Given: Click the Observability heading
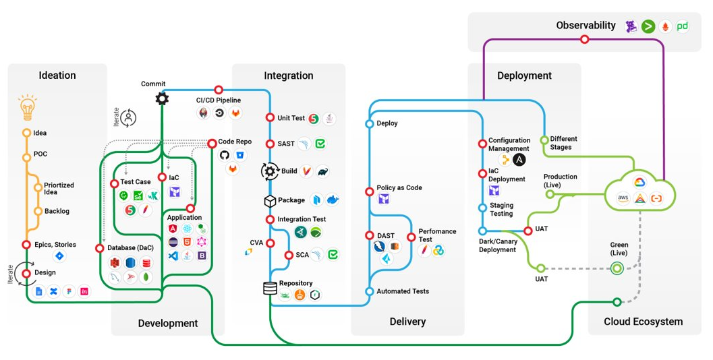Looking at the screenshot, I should pyautogui.click(x=586, y=26).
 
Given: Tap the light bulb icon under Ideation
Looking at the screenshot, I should pyautogui.click(x=27, y=107).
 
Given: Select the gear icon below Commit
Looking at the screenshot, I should pyautogui.click(x=162, y=99).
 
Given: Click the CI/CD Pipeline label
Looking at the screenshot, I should pyautogui.click(x=218, y=100).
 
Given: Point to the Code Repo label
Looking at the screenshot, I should pyautogui.click(x=235, y=142).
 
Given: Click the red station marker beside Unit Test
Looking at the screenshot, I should pyautogui.click(x=270, y=118).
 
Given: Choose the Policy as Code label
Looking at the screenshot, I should pyautogui.click(x=399, y=187).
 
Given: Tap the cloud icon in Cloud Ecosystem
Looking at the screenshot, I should pyautogui.click(x=639, y=190).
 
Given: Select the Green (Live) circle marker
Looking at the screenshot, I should pyautogui.click(x=617, y=268).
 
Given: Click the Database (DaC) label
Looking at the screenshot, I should pyautogui.click(x=130, y=247).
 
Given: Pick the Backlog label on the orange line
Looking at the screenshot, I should pyautogui.click(x=57, y=211).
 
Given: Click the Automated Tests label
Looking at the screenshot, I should pyautogui.click(x=403, y=291).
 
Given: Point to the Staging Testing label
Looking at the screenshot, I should pyautogui.click(x=501, y=210).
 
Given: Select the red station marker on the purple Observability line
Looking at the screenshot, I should pyautogui.click(x=585, y=40).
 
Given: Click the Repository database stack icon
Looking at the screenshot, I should pyautogui.click(x=270, y=289).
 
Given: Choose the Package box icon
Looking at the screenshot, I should pyautogui.click(x=270, y=201).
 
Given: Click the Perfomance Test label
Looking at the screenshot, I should pyautogui.click(x=437, y=235).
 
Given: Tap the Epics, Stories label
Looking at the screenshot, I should pyautogui.click(x=55, y=245).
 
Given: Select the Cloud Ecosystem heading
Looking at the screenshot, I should pyautogui.click(x=643, y=322).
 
